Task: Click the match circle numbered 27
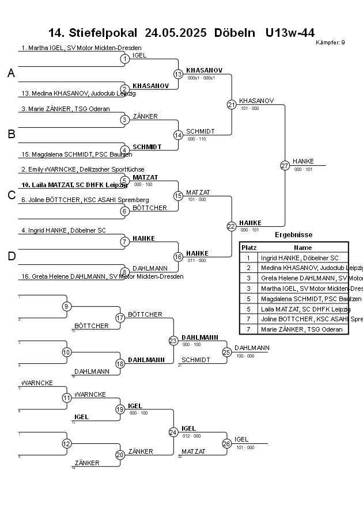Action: [x=285, y=165]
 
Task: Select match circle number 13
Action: [x=178, y=74]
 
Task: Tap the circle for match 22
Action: [x=231, y=226]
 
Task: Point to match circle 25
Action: [x=226, y=352]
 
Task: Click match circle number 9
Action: [x=67, y=306]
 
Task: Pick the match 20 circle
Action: [x=120, y=455]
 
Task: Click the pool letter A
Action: [x=11, y=74]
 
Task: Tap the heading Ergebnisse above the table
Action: [x=293, y=235]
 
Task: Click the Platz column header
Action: [x=249, y=247]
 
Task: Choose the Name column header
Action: [x=302, y=247]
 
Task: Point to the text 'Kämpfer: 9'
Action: [x=331, y=43]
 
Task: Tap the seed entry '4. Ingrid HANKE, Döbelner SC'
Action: [x=63, y=230]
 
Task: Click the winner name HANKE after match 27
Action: [x=303, y=161]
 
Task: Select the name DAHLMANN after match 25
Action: [x=252, y=348]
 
